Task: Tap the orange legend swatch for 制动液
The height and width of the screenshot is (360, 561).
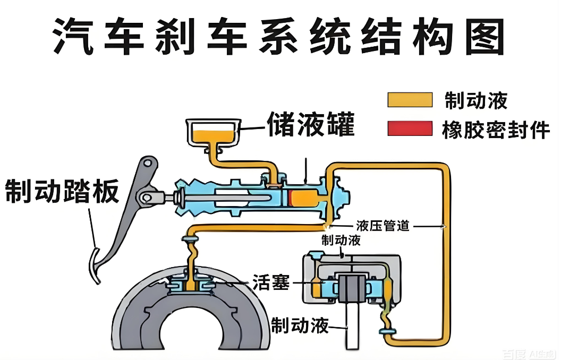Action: coord(410,100)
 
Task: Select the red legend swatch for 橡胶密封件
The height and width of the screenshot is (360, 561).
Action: coord(410,128)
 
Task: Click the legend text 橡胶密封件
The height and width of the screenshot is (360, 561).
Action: coord(495,129)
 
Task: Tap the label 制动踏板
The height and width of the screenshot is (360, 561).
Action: coord(62,192)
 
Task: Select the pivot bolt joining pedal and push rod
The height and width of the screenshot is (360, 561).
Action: coord(145,198)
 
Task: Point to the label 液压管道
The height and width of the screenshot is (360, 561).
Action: coord(383,225)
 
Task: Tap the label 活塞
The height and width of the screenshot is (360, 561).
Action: coord(271,283)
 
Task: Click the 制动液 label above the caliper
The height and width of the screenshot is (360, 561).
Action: coord(341,240)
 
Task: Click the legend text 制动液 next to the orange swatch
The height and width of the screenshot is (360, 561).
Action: coord(476,100)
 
